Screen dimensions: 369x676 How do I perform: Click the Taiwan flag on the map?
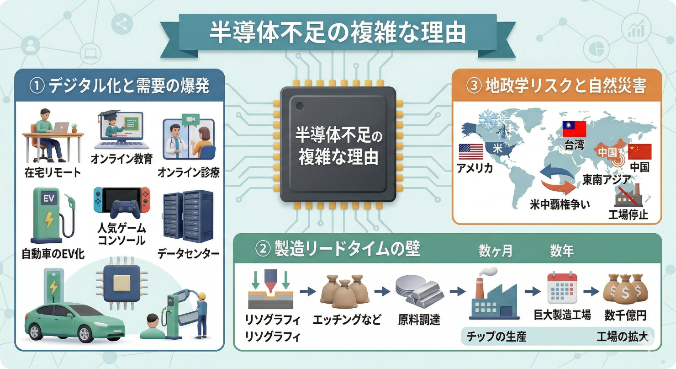pos(574,128)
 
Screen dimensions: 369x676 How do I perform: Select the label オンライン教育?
pos(122,158)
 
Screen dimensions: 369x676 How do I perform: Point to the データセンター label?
pos(188,253)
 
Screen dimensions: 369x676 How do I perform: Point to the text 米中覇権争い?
pos(560,204)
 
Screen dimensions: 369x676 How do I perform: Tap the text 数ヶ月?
pos(496,251)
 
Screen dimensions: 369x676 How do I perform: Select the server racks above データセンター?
pos(188,217)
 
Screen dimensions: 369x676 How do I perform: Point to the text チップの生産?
pos(496,337)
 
